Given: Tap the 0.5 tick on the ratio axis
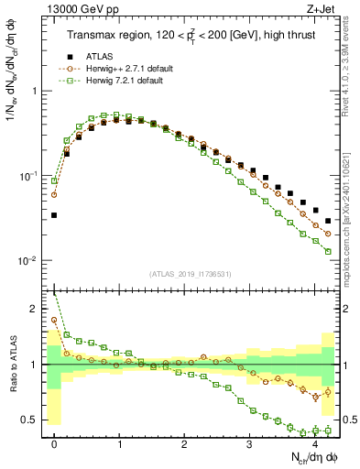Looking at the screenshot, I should (x=33, y=420).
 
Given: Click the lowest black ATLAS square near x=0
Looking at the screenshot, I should (x=54, y=215).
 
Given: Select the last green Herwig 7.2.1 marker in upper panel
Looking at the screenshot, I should (x=328, y=251).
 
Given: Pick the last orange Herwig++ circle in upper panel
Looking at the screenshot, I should (x=328, y=234).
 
